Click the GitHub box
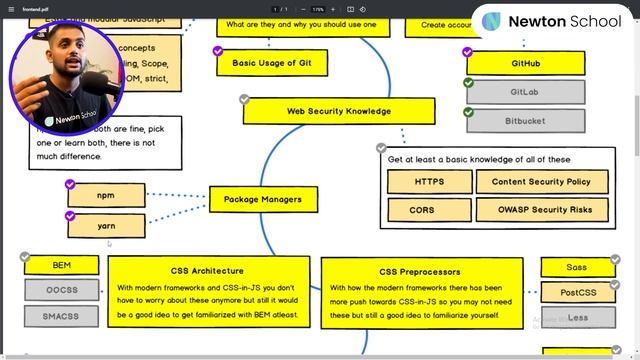(x=525, y=64)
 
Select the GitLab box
(x=525, y=92)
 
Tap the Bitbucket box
(x=525, y=120)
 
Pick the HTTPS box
(x=429, y=182)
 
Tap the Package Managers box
(x=262, y=199)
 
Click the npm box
(x=106, y=195)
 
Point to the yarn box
(x=106, y=226)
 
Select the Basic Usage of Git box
(x=265, y=63)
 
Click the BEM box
(x=62, y=265)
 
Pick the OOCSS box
(x=62, y=290)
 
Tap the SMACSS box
(x=62, y=315)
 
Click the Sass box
(x=577, y=267)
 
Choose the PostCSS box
(x=577, y=293)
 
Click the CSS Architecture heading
(x=207, y=271)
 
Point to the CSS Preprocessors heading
(x=420, y=272)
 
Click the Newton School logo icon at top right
(x=491, y=21)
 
